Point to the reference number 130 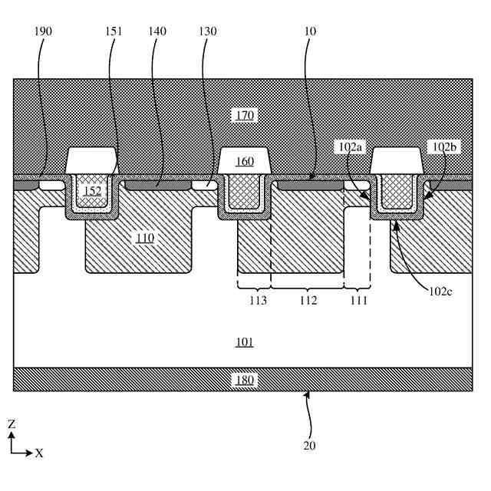[206, 31]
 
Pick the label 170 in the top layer [245, 115]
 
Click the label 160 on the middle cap [245, 162]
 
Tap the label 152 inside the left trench [94, 191]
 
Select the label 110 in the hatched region [145, 238]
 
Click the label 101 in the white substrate [245, 341]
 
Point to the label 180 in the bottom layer [245, 379]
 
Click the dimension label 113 [258, 301]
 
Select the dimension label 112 [308, 301]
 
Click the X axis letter [38, 453]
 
